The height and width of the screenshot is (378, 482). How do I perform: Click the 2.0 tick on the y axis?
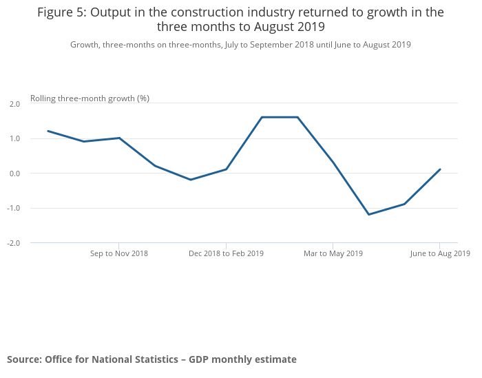(x=14, y=104)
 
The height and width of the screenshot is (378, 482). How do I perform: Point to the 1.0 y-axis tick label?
(x=14, y=138)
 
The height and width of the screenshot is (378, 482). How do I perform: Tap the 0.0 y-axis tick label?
(x=14, y=174)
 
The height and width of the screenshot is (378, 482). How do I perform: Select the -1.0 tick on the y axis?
(x=14, y=208)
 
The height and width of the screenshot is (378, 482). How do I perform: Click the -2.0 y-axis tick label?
(x=14, y=243)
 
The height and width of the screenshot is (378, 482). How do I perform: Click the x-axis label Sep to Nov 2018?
(x=119, y=253)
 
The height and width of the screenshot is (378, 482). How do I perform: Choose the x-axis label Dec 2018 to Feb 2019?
(x=226, y=253)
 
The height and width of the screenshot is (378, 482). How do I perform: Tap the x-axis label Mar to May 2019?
(x=333, y=253)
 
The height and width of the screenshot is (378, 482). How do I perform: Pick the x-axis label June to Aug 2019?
(x=440, y=253)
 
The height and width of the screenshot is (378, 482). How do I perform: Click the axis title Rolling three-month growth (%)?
(x=90, y=98)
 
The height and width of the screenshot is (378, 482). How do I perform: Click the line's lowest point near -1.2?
(x=369, y=214)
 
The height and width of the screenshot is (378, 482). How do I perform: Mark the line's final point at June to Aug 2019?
(x=440, y=169)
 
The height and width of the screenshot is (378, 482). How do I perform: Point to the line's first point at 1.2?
(x=48, y=131)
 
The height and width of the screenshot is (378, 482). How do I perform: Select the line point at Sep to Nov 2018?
(x=119, y=138)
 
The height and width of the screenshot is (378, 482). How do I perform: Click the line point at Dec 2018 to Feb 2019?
(x=226, y=169)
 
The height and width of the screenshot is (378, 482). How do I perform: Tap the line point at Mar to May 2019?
(x=333, y=162)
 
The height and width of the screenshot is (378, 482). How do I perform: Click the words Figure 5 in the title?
(x=62, y=12)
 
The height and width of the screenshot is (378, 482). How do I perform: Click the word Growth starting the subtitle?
(x=85, y=45)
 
